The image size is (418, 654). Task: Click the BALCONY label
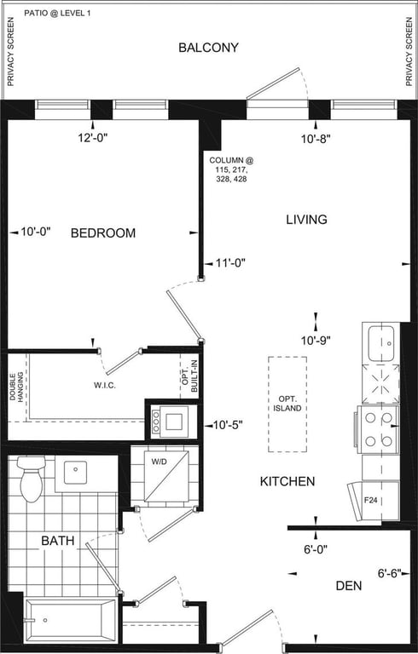tap(208, 48)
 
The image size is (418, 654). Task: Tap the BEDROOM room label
tap(103, 232)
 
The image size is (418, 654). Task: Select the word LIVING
tap(306, 220)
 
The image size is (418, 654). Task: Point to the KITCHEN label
tap(287, 481)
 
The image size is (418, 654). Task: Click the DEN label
tap(349, 586)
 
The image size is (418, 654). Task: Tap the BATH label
tap(58, 541)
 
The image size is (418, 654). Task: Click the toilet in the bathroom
tap(31, 479)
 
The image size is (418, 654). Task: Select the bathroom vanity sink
tap(75, 473)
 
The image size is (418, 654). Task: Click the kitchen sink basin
tap(380, 343)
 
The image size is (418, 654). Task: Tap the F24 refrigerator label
tap(371, 500)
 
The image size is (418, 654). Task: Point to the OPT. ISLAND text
tap(287, 404)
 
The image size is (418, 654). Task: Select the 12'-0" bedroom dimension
tap(93, 138)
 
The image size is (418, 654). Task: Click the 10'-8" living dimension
tap(316, 139)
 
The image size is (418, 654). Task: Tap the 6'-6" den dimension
tap(390, 573)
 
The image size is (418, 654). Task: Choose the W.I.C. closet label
tap(104, 386)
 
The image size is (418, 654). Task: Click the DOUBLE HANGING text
tap(16, 387)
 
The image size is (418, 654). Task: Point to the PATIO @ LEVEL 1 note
tap(57, 13)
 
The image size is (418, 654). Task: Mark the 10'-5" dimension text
tap(228, 425)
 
